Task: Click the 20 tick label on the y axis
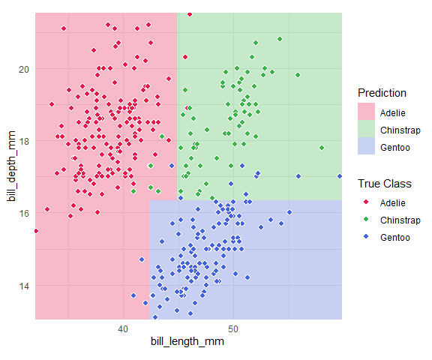[x=24, y=69]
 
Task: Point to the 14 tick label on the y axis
[x=24, y=286]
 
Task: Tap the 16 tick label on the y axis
[x=24, y=214]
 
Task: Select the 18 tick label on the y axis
[x=24, y=141]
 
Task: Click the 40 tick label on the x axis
[x=123, y=329]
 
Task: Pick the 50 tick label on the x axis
[x=233, y=329]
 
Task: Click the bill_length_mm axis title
[x=187, y=341]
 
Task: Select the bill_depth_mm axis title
[x=12, y=166]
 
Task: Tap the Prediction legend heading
[x=382, y=93]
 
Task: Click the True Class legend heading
[x=384, y=184]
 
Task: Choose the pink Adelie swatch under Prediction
[x=366, y=112]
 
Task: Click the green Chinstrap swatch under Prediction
[x=366, y=129]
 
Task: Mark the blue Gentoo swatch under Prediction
[x=366, y=146]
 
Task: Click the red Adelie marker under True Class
[x=366, y=202]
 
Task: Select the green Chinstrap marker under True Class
[x=366, y=219]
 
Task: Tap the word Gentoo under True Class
[x=395, y=238]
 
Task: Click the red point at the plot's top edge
[x=190, y=14]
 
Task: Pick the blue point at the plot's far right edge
[x=340, y=176]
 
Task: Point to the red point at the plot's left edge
[x=36, y=231]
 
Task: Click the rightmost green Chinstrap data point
[x=322, y=148]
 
